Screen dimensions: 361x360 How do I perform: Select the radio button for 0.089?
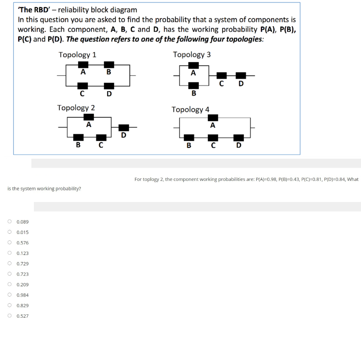point(10,221)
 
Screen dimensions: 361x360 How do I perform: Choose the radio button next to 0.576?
point(10,243)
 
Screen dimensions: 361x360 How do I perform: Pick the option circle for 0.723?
point(10,274)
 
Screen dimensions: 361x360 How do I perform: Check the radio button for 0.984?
point(10,295)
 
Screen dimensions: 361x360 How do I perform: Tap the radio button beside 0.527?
point(10,316)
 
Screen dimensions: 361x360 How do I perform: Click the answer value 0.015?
point(23,232)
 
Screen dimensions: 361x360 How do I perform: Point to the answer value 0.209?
point(23,285)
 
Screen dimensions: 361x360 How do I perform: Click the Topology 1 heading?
point(77,55)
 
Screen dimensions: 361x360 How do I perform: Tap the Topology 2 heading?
point(76,108)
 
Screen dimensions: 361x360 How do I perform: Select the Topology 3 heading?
point(192,55)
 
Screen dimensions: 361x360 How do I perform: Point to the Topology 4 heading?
point(190,110)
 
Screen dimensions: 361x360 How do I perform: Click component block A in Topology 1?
point(83,65)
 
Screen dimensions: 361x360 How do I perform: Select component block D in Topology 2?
point(123,128)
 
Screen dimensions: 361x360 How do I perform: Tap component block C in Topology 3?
point(222,75)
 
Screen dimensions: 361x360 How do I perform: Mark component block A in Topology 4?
point(213,117)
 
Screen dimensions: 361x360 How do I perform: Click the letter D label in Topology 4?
point(239,145)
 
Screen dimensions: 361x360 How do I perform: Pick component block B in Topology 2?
point(78,138)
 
